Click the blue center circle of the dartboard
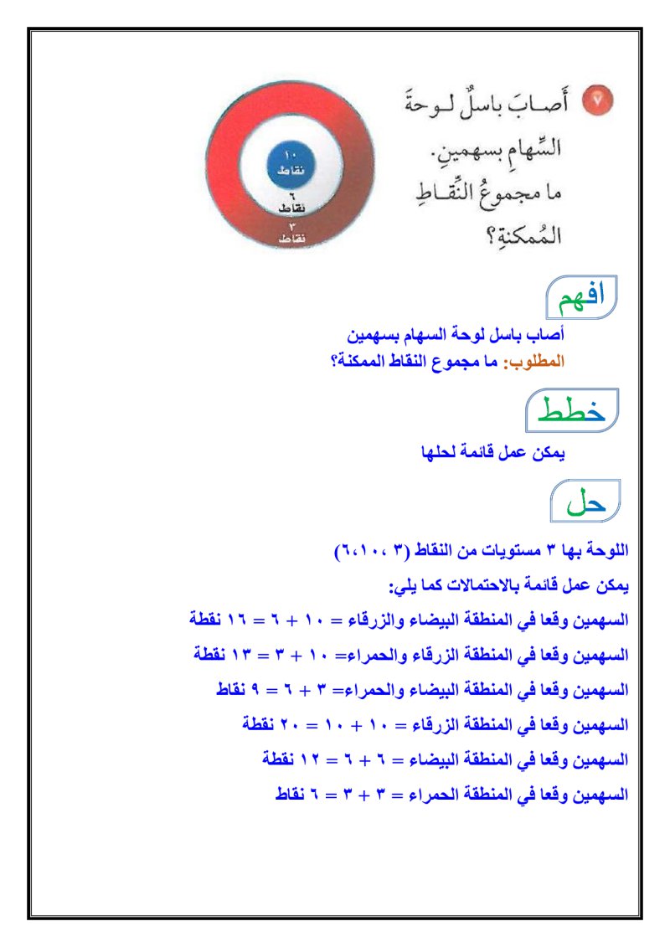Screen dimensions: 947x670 pyautogui.click(x=290, y=163)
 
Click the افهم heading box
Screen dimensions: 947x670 pyautogui.click(x=581, y=295)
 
